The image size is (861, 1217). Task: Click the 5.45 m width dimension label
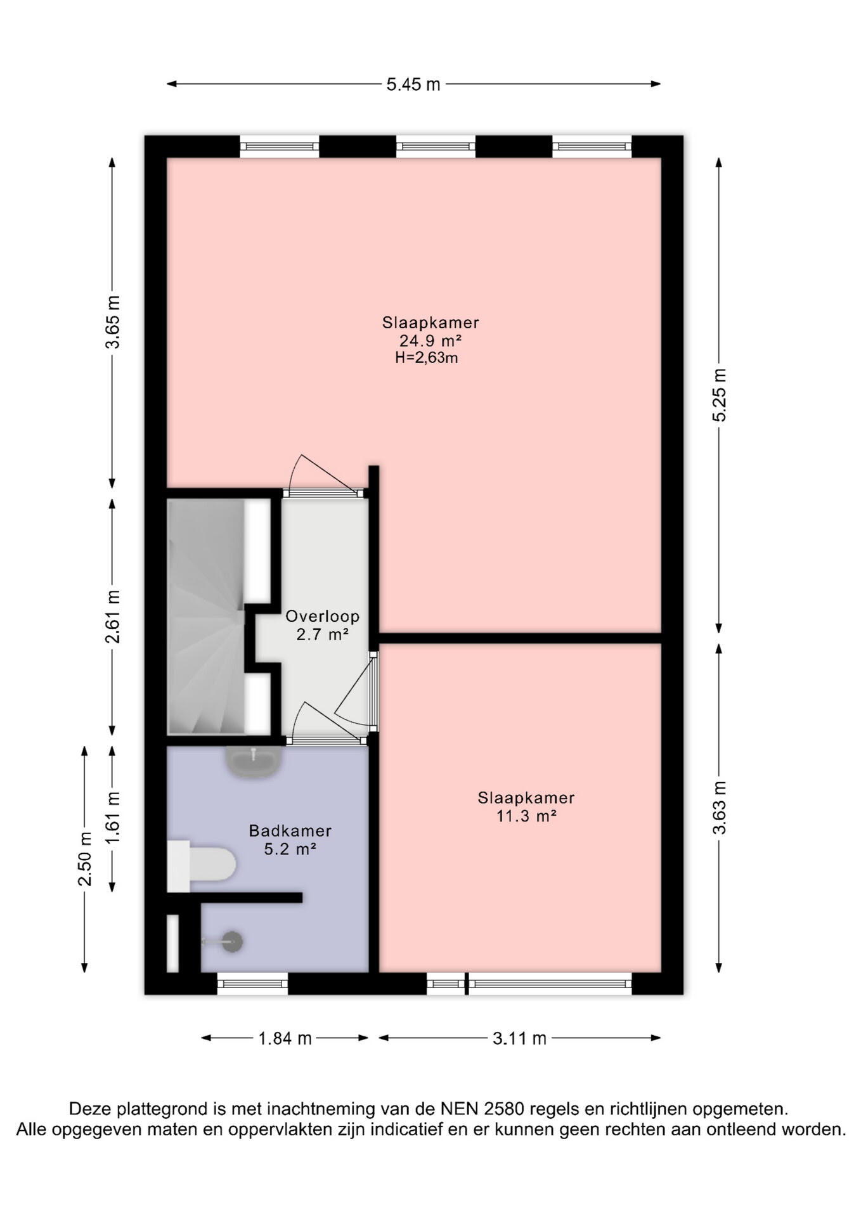413,84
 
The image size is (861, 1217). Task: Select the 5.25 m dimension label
720,395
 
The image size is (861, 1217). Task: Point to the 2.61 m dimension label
113,617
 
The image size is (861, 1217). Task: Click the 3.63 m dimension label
720,808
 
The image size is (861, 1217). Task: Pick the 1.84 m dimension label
285,1038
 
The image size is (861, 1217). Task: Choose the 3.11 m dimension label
519,1038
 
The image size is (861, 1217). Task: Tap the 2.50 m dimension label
85,859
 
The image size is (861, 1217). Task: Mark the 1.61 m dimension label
113,818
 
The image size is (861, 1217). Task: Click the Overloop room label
322,616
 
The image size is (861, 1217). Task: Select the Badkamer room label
290,830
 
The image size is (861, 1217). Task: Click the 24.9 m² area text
430,340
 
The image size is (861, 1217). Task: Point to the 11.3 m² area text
526,816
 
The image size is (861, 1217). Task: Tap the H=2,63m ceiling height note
426,358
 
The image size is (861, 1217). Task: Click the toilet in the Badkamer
202,866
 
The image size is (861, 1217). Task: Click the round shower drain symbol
232,942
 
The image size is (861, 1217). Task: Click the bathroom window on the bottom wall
252,984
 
